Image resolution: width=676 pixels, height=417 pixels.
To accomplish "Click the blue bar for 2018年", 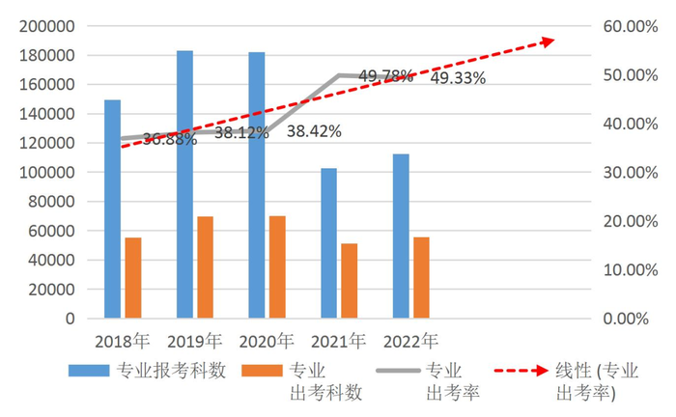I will pyautogui.click(x=113, y=208).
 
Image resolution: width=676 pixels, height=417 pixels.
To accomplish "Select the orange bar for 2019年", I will pyautogui.click(x=205, y=267).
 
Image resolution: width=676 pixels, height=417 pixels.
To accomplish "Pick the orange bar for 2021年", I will pyautogui.click(x=349, y=281).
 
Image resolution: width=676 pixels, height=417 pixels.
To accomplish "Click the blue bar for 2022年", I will pyautogui.click(x=401, y=236).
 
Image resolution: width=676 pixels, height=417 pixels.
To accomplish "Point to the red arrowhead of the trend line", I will pyautogui.click(x=549, y=41).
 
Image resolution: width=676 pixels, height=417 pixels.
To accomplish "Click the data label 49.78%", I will pyautogui.click(x=386, y=74).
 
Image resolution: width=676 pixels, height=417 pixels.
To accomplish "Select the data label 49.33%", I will pyautogui.click(x=458, y=78).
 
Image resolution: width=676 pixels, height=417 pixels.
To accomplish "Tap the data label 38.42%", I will pyautogui.click(x=313, y=131).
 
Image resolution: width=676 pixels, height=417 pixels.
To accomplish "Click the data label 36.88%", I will pyautogui.click(x=170, y=139).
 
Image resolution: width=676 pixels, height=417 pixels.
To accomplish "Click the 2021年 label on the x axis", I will pyautogui.click(x=338, y=341).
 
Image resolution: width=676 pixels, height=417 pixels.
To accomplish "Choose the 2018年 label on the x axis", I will pyautogui.click(x=123, y=341).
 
